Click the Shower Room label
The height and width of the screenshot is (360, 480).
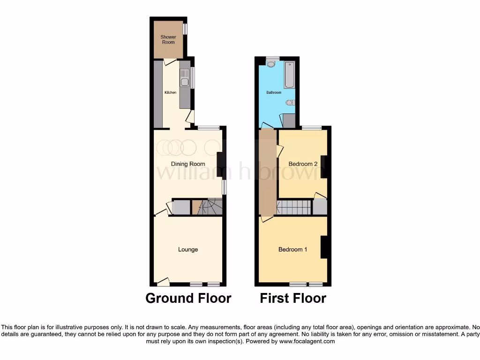(168, 39)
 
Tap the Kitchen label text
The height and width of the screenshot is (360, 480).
(170, 93)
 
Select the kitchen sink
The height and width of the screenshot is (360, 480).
(185, 78)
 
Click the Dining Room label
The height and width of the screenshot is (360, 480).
(187, 164)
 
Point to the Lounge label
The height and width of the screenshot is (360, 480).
(187, 249)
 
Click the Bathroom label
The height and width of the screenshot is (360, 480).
(274, 93)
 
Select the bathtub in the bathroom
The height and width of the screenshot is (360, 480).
(289, 75)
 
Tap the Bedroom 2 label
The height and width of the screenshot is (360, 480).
(303, 164)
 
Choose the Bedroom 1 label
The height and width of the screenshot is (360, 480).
(292, 249)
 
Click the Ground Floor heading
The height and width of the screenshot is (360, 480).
(188, 298)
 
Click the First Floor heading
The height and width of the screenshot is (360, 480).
(293, 298)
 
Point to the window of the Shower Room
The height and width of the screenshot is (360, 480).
(185, 29)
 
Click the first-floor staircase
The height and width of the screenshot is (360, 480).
(294, 207)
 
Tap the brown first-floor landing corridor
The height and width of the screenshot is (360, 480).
(268, 171)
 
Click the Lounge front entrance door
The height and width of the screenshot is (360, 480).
(163, 281)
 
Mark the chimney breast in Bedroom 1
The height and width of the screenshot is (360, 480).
(323, 247)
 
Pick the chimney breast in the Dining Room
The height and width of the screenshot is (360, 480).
(219, 165)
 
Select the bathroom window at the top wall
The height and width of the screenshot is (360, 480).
(272, 58)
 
